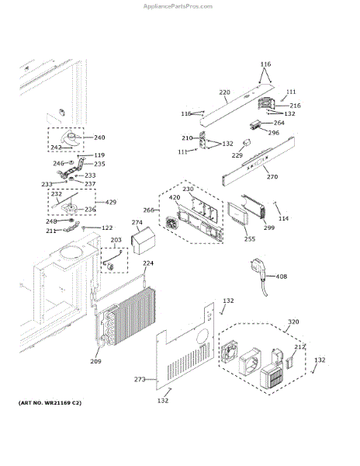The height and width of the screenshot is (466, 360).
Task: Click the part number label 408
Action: click(x=282, y=276)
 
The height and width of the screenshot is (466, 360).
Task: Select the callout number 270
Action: click(x=272, y=177)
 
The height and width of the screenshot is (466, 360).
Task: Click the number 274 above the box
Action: click(x=137, y=222)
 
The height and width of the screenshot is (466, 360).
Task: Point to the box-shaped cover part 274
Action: click(x=144, y=240)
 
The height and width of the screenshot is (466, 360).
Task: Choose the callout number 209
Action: click(x=95, y=361)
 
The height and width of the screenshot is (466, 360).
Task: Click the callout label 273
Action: click(x=140, y=379)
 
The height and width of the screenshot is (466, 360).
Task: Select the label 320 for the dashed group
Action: click(x=293, y=322)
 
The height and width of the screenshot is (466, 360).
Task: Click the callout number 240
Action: click(x=99, y=137)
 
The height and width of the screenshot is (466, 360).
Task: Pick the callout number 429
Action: click(x=111, y=202)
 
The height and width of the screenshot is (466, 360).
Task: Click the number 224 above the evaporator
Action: click(x=148, y=263)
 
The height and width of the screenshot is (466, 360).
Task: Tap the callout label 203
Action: click(x=116, y=240)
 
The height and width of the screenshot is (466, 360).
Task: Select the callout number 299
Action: click(x=269, y=228)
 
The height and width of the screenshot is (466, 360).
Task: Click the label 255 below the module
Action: click(x=250, y=239)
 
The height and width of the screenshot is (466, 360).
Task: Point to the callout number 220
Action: click(x=224, y=92)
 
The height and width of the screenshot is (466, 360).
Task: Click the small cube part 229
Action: click(x=247, y=143)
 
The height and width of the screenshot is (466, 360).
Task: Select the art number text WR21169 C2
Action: click(x=58, y=403)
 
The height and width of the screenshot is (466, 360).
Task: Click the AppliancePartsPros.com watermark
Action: click(x=178, y=6)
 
